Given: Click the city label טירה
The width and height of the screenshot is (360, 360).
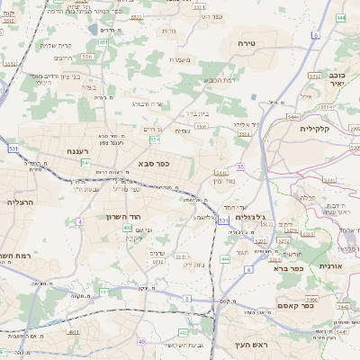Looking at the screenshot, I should point(247,42).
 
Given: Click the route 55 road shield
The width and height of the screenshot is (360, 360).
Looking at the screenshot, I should point(241,166).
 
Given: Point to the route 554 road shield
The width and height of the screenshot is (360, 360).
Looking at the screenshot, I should point(155,139).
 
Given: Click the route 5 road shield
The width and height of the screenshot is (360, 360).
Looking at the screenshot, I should point(186,297).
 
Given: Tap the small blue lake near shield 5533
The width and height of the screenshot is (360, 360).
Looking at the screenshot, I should point(94,30).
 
